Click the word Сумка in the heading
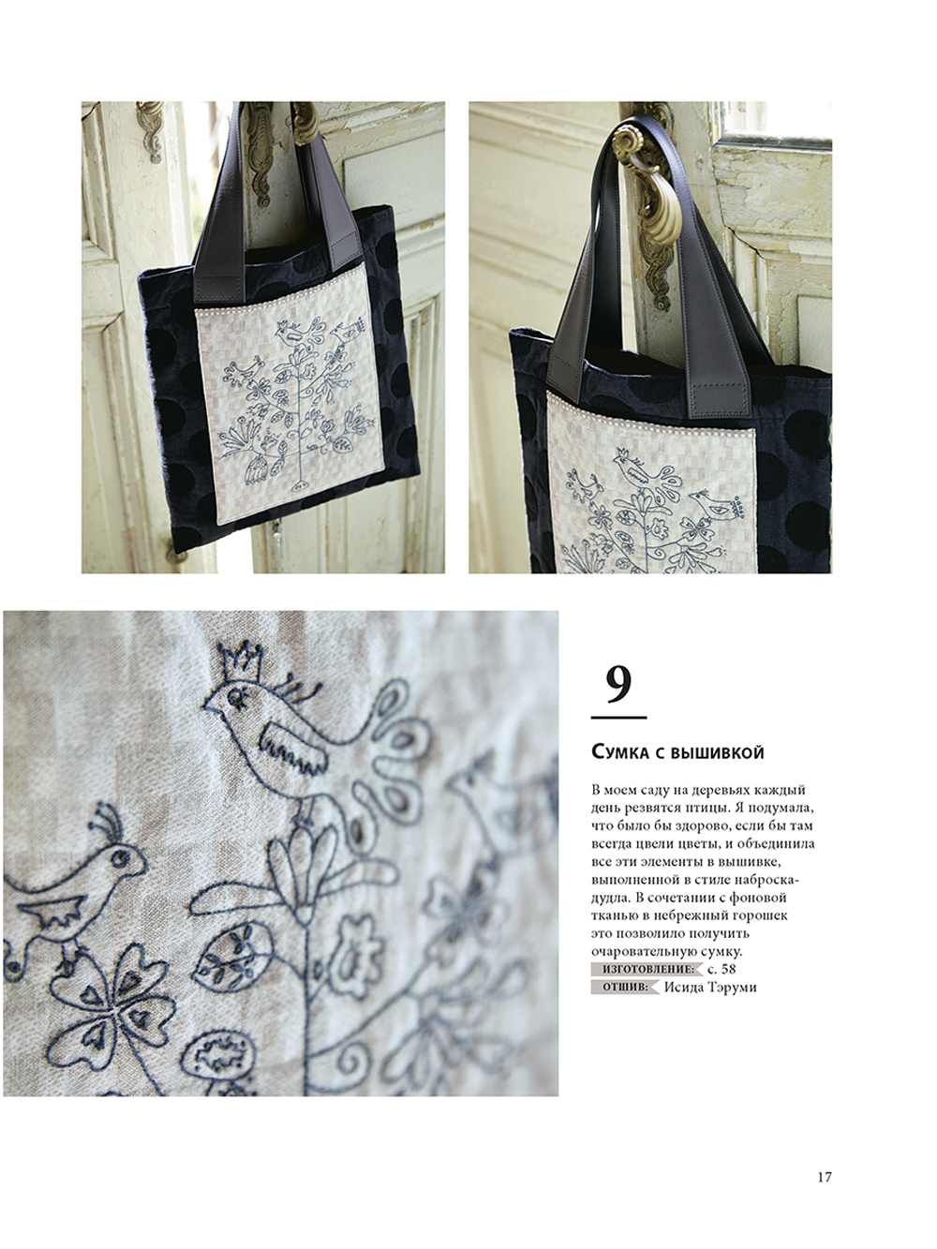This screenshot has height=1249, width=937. pyautogui.click(x=620, y=752)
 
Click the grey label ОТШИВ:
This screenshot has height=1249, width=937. pyautogui.click(x=626, y=988)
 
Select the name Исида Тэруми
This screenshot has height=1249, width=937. pyautogui.click(x=710, y=988)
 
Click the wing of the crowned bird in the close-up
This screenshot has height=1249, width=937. pyautogui.click(x=293, y=750)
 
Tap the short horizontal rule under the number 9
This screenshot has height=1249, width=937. pyautogui.click(x=619, y=718)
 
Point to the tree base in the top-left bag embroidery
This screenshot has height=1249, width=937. pyautogui.click(x=299, y=485)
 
